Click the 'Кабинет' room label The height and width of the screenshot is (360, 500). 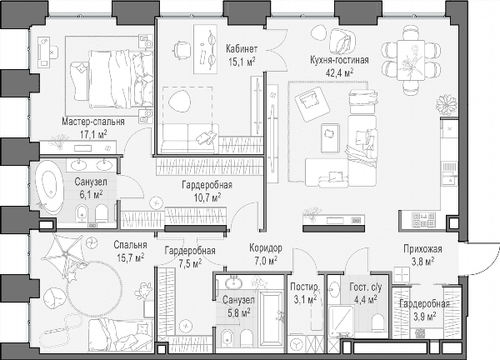point(242,49)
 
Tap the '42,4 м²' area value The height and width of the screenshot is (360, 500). point(339,72)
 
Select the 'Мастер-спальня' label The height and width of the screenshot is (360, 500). point(93,122)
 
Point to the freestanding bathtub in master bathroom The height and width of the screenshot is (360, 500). point(49,190)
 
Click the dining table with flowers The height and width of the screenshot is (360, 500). point(411,60)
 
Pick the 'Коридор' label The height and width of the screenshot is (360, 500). point(266,247)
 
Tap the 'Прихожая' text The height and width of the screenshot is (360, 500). point(422,248)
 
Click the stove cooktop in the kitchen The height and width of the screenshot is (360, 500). point(424,220)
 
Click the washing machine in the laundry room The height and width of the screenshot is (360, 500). point(297,344)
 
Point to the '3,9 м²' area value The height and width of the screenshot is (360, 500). point(424,317)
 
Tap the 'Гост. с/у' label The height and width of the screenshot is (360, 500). point(366,287)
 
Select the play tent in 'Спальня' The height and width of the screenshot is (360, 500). point(66,254)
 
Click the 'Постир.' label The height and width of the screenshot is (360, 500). point(304,287)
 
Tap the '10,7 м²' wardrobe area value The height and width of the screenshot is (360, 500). point(207,197)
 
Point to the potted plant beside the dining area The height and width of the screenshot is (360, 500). point(447,105)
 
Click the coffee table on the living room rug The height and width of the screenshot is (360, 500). point(330,137)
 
